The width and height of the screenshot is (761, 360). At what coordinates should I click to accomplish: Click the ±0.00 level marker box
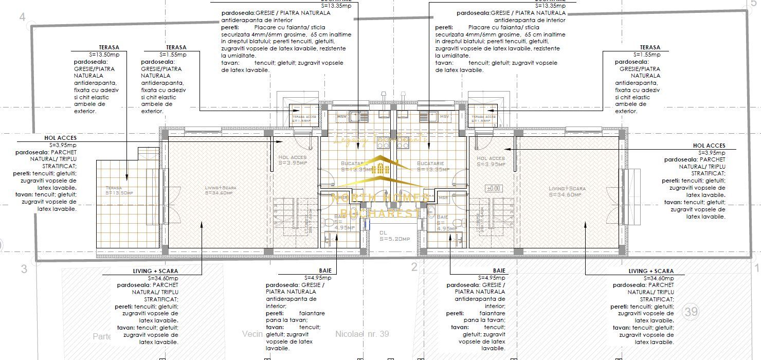pos(493,189)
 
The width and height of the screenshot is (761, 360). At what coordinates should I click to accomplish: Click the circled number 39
pos(691,311)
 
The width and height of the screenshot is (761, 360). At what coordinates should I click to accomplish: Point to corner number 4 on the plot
pos(22,17)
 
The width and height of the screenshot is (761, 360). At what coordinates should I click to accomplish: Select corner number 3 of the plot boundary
pos(24,268)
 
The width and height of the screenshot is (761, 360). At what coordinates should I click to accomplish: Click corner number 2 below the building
pos(414,266)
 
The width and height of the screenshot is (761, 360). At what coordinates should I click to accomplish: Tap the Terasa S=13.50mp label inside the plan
pos(119,190)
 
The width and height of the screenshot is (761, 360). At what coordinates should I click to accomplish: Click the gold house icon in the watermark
pos(380,169)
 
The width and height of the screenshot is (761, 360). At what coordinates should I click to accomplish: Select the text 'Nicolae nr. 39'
pos(362,334)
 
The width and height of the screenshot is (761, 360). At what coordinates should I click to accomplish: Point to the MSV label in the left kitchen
pos(341,117)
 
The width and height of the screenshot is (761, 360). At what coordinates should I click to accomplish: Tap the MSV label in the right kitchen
pos(444,117)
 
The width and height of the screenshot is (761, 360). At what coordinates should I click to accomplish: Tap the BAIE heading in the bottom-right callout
pos(499,271)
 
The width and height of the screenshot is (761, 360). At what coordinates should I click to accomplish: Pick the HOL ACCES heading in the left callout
pos(60,138)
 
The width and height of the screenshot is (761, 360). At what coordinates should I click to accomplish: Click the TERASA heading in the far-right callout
pos(650,47)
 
